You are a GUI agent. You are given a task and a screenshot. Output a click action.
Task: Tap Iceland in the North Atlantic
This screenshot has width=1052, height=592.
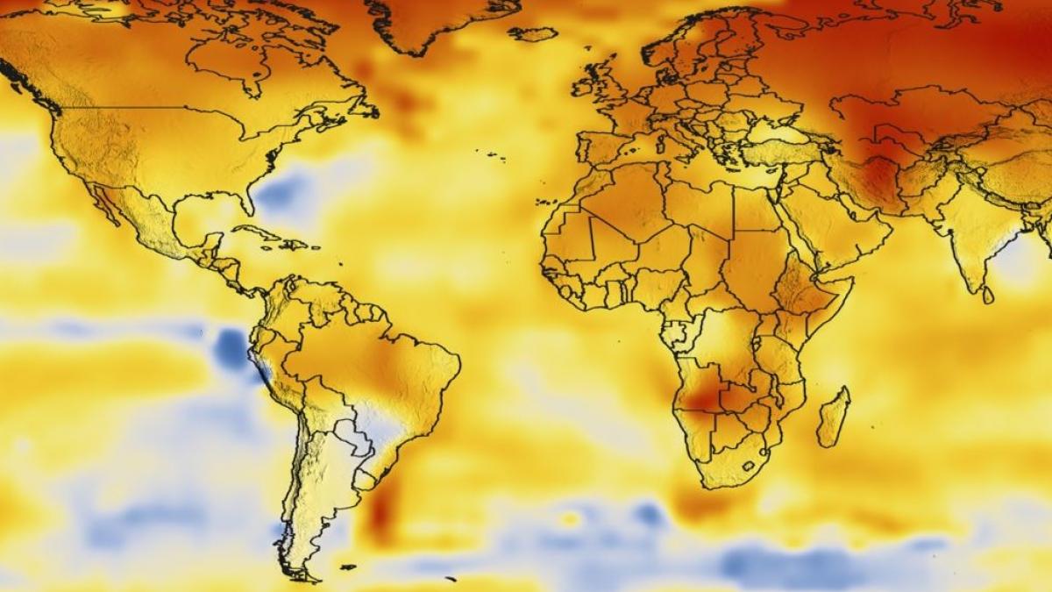tap(532, 33)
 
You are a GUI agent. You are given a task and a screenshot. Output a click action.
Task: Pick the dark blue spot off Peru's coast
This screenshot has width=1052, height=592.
tap(231, 348)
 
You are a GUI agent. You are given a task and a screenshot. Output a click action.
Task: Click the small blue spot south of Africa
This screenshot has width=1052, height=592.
tap(650, 514)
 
